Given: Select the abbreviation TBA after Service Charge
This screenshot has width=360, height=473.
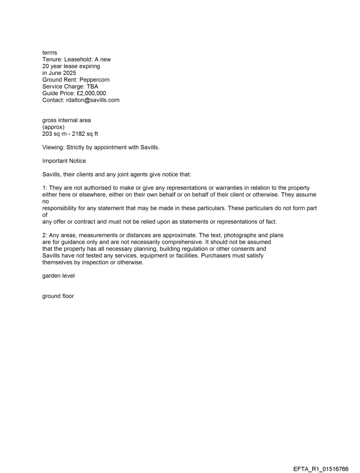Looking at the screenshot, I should point(92,87).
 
